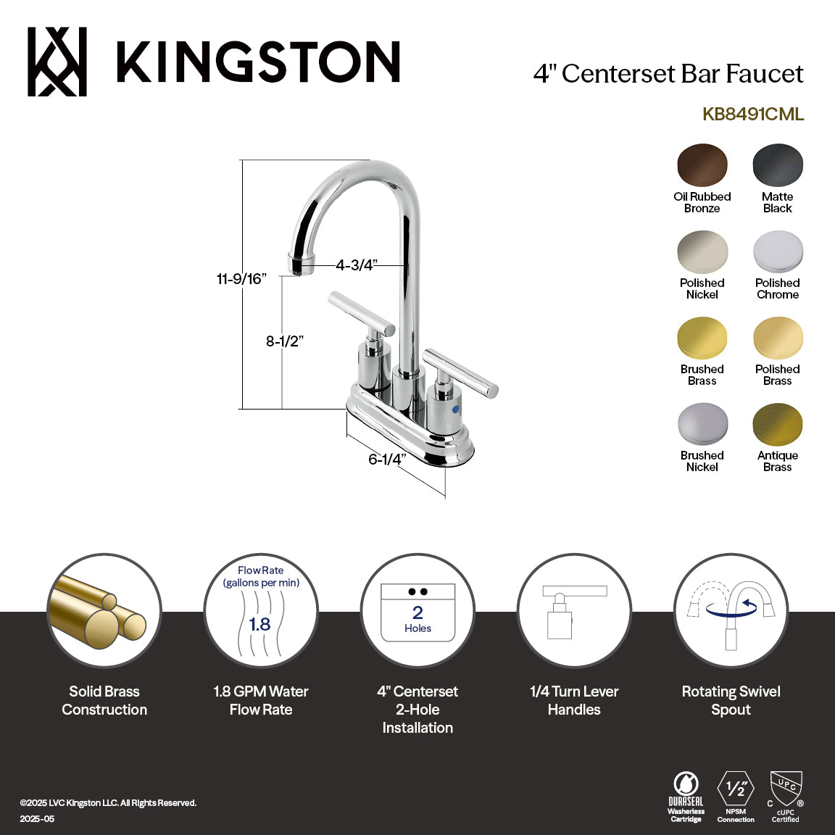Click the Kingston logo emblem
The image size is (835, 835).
point(57,62)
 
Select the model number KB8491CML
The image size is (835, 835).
point(753,115)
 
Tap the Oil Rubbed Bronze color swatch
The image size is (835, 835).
point(702,165)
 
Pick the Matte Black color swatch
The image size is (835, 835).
point(778,165)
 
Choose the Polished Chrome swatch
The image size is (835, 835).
point(778,252)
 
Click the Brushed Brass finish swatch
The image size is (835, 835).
point(702,338)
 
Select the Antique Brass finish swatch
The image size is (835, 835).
point(778,425)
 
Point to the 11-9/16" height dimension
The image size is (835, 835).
point(241,279)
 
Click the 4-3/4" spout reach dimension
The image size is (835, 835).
point(357,265)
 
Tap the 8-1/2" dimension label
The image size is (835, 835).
point(284,341)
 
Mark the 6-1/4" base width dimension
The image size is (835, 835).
point(386,460)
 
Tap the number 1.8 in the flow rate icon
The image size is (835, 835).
point(259,624)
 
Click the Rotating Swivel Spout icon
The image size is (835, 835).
point(731,610)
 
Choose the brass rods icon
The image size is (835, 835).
point(104,610)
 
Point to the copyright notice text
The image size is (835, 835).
point(108,803)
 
